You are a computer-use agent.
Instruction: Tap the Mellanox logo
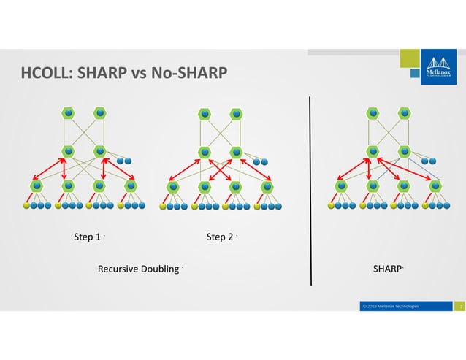pyautogui.click(x=440, y=69)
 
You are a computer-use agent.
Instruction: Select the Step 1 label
pyautogui.click(x=88, y=237)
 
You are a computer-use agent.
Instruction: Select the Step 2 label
pyautogui.click(x=220, y=237)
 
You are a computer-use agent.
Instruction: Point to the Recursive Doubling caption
pyautogui.click(x=139, y=269)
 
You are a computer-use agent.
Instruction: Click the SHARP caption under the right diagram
pyautogui.click(x=386, y=269)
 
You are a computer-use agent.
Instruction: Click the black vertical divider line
pyautogui.click(x=312, y=190)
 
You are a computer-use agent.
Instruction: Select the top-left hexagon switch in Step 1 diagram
pyautogui.click(x=69, y=113)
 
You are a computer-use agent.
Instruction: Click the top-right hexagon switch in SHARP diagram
pyautogui.click(x=404, y=113)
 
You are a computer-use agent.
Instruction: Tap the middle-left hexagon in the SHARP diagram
pyautogui.click(x=373, y=151)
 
